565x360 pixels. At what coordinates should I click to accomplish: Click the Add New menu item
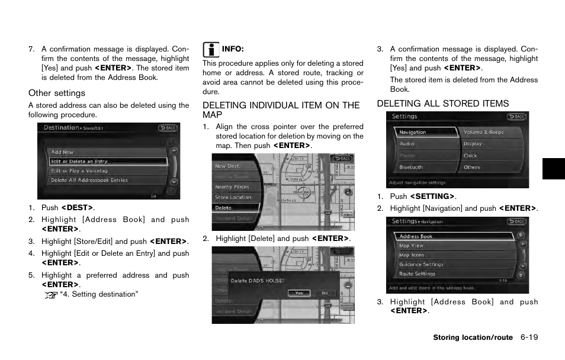coord(63,152)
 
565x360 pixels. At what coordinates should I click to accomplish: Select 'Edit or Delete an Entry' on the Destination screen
coord(79,162)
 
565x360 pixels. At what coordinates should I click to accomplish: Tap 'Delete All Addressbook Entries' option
coord(89,181)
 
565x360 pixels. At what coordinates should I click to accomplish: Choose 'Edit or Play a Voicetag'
coord(79,171)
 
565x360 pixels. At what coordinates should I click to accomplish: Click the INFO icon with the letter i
coord(210,49)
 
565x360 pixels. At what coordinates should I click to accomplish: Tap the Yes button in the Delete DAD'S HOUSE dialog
coord(299,293)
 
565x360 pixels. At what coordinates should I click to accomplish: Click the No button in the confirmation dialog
coord(325,293)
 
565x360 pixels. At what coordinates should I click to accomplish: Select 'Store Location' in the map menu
coord(233,197)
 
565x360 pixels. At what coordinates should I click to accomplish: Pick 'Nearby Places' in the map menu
coord(232,187)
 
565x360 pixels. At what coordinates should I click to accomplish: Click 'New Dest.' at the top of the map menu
coord(227,166)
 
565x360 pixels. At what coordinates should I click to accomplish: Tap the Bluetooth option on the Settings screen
coord(412,168)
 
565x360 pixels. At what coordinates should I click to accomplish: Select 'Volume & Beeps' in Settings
coord(484,133)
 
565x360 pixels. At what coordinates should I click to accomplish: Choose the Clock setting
coord(470,156)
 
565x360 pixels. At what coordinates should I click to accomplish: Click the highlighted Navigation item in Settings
coord(413,133)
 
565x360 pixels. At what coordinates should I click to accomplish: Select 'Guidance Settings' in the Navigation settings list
coord(421,265)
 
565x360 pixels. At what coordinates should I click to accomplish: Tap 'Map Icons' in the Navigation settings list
coord(412,255)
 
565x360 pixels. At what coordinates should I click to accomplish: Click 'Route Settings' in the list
coord(418,274)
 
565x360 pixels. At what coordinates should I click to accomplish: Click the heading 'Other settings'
coord(57,93)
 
